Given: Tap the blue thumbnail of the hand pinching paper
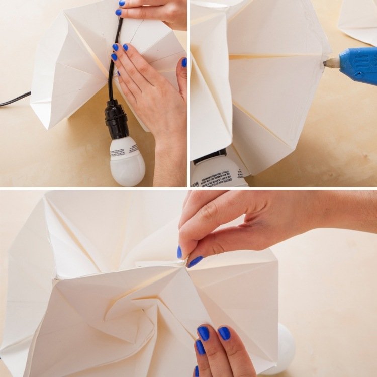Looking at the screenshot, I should tap(179, 252).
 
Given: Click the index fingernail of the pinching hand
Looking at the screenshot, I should tap(195, 261).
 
